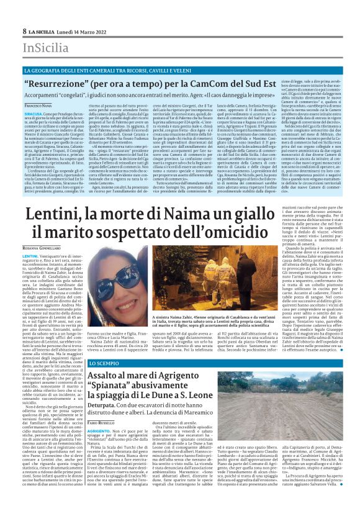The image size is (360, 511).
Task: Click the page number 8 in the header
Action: pyautogui.click(x=24, y=30)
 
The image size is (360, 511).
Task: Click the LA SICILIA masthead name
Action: pyautogui.click(x=43, y=30)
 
